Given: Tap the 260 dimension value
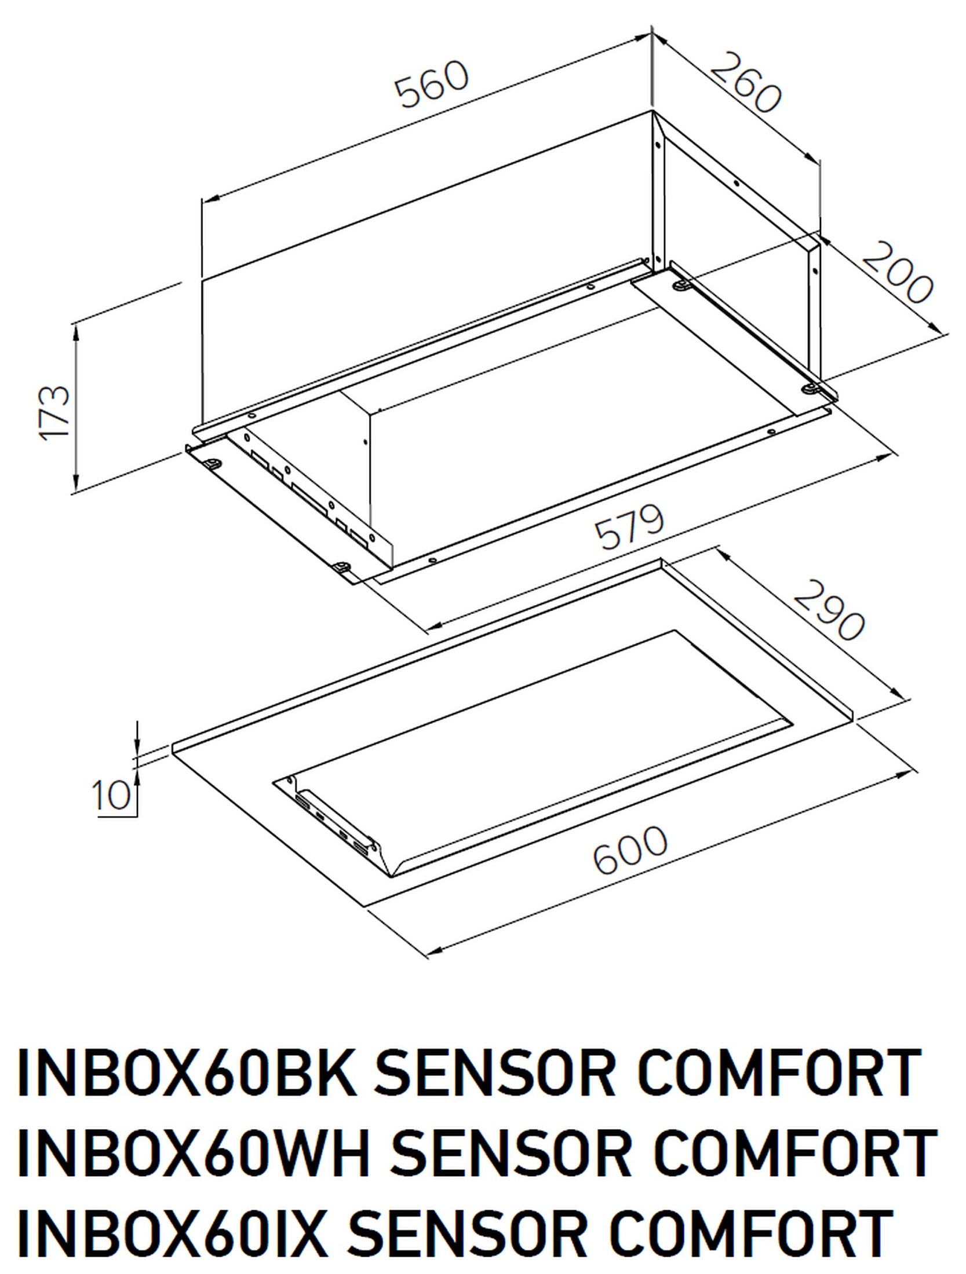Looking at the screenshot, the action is [746, 82].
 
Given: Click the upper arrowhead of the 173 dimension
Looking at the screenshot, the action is [76, 333].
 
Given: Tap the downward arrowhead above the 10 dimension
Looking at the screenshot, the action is [137, 747].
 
